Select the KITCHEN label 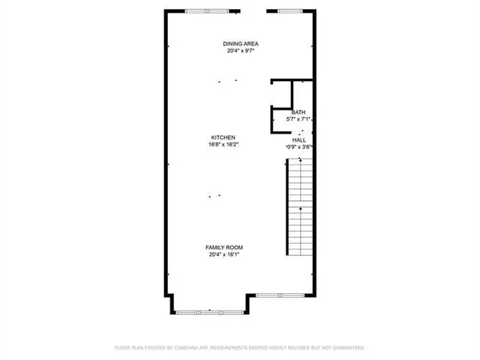223,137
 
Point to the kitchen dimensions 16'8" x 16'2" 223,144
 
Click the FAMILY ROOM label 224,247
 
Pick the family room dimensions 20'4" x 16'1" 224,254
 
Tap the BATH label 298,112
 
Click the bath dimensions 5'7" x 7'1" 298,118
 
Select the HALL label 299,140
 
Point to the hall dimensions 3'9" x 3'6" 299,147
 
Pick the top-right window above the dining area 289,10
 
